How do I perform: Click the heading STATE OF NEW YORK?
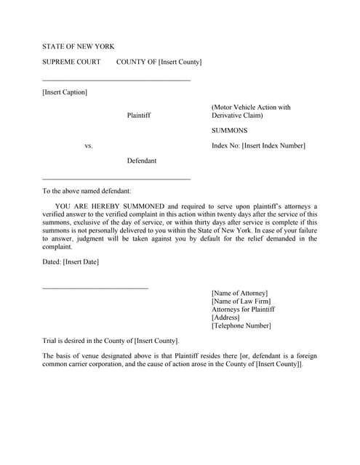(78, 46)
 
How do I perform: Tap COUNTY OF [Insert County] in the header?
(159, 62)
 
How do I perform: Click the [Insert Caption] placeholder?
(65, 92)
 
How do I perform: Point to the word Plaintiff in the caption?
(139, 115)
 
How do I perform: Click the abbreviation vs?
(89, 146)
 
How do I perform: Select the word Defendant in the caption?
(141, 161)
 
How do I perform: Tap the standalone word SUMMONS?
(229, 131)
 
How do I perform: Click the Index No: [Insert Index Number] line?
(258, 146)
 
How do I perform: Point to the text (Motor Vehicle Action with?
(251, 108)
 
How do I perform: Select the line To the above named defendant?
(87, 191)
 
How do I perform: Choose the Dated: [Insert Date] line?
(71, 262)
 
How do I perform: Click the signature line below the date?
(95, 288)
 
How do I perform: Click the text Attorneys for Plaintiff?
(243, 310)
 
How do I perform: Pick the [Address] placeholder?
(226, 318)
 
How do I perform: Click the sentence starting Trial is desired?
(111, 341)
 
